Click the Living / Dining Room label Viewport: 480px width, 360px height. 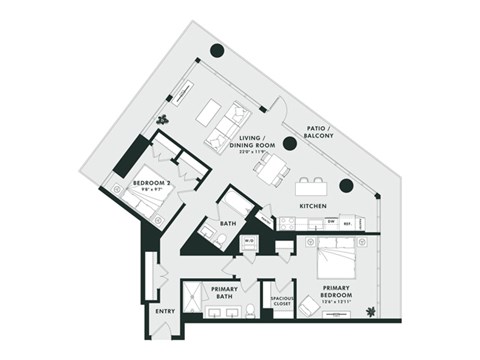(251, 146)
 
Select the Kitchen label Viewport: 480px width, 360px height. (313, 206)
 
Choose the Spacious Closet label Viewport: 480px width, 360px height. (281, 299)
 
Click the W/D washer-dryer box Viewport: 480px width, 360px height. (249, 242)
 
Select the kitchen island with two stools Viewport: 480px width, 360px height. (310, 186)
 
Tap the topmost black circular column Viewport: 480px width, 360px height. (216, 52)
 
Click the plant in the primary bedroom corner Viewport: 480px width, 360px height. (371, 311)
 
